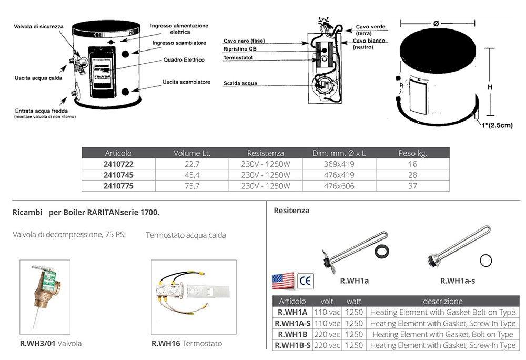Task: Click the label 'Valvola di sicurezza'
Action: click(x=39, y=26)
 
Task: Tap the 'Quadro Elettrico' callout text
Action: click(x=184, y=59)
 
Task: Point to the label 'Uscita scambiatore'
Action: click(x=186, y=82)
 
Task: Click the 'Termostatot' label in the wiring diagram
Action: click(x=240, y=57)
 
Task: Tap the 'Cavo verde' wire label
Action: click(x=370, y=26)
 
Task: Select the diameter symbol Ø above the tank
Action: click(x=437, y=23)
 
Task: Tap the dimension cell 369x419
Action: click(x=339, y=164)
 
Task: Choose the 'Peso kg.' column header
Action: click(x=412, y=153)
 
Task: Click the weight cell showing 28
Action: click(x=412, y=175)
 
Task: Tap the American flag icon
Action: click(x=282, y=281)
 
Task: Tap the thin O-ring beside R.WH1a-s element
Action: click(x=487, y=259)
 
